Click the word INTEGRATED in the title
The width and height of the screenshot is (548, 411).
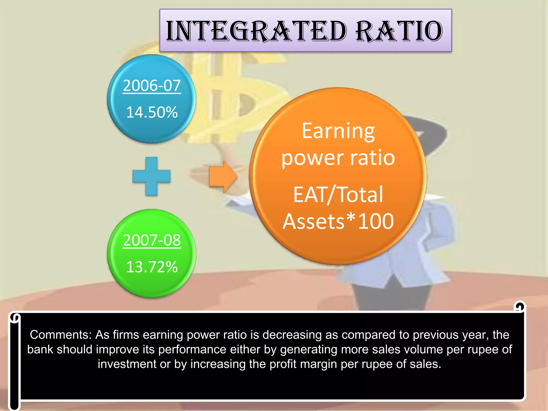point(256,31)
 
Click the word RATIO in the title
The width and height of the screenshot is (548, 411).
point(399,31)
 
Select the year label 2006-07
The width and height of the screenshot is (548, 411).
point(152,86)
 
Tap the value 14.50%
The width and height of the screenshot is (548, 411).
point(152,112)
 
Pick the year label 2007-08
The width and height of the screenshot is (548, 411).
point(152,240)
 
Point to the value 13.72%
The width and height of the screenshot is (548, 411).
point(152,267)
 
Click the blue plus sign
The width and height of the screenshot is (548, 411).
point(151,176)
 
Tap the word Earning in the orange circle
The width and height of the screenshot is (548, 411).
point(338,132)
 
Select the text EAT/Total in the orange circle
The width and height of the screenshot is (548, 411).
point(338,195)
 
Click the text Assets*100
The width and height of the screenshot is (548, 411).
point(338,221)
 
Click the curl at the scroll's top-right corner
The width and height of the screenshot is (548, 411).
point(519,307)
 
